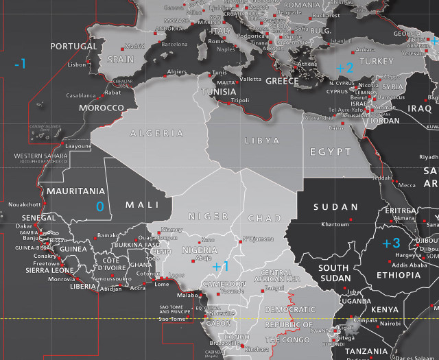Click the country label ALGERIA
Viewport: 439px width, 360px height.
click(157, 134)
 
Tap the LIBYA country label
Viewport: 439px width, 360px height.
click(261, 141)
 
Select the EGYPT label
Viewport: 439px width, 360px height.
click(330, 151)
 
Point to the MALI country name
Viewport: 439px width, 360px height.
click(142, 204)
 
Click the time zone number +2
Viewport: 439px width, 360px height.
click(344, 67)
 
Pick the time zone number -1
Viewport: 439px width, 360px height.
click(21, 64)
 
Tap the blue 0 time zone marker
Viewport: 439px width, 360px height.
click(99, 206)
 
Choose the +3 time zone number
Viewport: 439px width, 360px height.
click(391, 243)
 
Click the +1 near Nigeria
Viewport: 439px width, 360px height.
click(220, 266)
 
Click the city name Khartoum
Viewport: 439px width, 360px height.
click(335, 224)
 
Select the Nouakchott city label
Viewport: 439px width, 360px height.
click(25, 204)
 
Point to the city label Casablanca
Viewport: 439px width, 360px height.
click(80, 95)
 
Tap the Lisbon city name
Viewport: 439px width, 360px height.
click(78, 64)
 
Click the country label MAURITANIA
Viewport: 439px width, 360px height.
click(75, 191)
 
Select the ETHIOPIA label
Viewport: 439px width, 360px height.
click(399, 275)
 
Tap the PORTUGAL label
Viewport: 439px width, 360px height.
click(74, 47)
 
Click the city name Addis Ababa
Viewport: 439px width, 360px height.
click(411, 265)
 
